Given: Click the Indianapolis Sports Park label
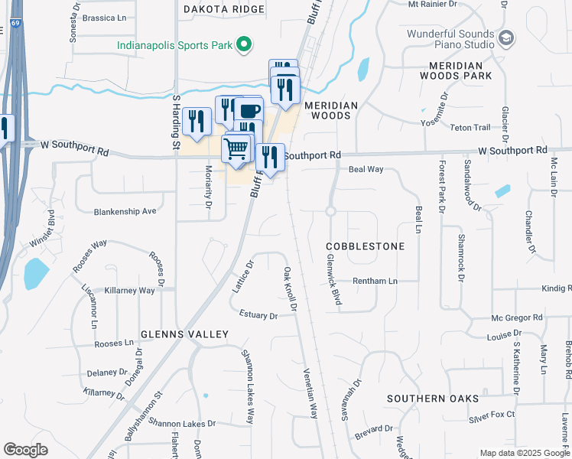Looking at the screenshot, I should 174,45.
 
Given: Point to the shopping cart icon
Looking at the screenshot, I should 237,146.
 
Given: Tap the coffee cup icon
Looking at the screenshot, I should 249,110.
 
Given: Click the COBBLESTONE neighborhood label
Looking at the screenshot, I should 365,247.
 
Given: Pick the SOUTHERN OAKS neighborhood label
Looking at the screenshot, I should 432,399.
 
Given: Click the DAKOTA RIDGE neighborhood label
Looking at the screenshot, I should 224,10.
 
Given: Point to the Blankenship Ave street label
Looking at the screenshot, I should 125,210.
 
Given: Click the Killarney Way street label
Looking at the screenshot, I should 130,291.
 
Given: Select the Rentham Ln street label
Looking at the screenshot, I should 375,282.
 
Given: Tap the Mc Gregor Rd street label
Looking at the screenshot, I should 517,317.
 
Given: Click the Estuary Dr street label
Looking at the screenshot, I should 258,314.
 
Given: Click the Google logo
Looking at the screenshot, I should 26,449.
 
